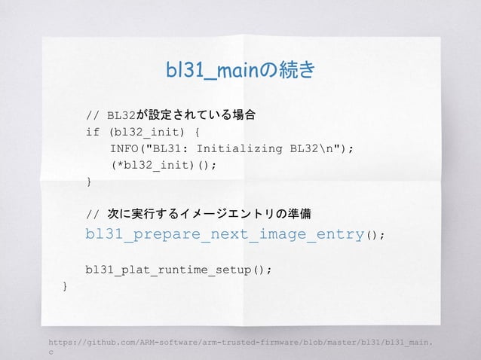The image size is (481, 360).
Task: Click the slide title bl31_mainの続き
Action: coord(240,71)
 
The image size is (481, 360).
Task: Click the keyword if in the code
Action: coord(93,132)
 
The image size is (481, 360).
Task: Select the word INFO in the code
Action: coord(124,148)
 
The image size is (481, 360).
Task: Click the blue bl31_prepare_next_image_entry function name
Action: coord(225,234)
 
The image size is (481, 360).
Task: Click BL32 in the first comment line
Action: coord(121,116)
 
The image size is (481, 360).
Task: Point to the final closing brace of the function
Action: coord(66,286)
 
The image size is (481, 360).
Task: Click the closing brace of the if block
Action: coord(89,182)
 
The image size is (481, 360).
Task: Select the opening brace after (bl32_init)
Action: coord(197,132)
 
